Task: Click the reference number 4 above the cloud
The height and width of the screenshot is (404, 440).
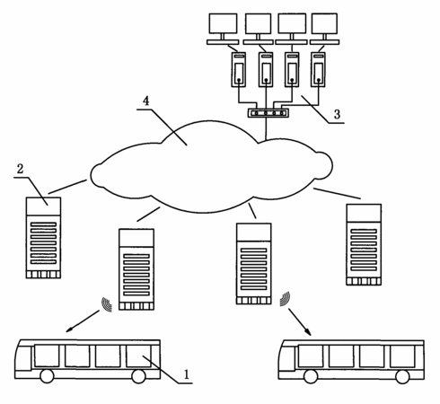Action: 145,101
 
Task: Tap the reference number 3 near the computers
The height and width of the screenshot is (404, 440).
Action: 337,114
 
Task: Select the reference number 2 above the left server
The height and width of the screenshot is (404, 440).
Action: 20,169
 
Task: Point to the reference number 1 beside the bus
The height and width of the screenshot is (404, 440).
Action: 187,374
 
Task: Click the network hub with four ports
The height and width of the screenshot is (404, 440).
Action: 268,113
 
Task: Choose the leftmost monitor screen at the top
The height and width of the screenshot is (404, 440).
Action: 223,23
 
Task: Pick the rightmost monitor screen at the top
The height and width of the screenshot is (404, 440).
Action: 324,23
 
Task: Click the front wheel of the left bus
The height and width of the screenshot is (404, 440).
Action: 47,376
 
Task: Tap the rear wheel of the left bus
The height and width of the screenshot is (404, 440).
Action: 138,376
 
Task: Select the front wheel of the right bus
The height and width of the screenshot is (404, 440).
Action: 311,377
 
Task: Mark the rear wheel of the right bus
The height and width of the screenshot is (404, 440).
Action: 402,377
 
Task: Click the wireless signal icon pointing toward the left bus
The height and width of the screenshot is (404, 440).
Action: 107,304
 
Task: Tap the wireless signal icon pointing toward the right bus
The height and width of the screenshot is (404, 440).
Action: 285,299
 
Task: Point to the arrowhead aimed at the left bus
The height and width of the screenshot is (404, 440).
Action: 70,329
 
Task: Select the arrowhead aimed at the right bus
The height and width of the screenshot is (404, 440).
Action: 308,331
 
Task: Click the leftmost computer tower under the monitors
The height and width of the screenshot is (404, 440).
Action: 239,70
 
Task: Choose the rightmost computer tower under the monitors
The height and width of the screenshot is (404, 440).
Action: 318,70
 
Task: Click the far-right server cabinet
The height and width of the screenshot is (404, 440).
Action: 364,244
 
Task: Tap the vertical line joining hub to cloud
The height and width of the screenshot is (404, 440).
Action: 266,128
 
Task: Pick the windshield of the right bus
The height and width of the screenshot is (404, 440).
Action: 286,358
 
